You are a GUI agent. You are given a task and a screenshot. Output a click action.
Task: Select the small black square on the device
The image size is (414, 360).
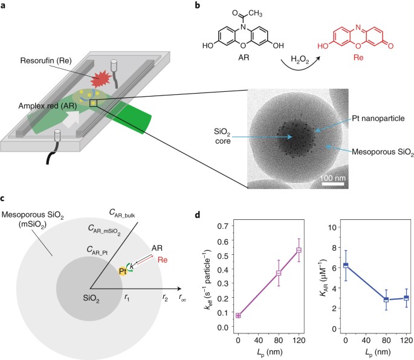[93, 103]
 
